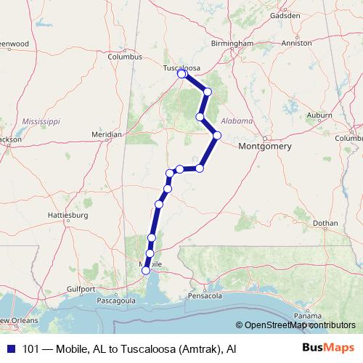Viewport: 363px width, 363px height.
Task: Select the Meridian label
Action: coord(107,134)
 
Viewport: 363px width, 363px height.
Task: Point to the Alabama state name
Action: coord(237,121)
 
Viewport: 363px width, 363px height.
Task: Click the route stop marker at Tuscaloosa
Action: coord(181,73)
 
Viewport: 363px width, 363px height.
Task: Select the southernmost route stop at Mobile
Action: coord(146,270)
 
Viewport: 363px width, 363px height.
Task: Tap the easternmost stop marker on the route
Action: coord(216,134)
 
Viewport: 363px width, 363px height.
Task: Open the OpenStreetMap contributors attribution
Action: coord(298,325)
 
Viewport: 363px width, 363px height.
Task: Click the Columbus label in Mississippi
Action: coord(123,56)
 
